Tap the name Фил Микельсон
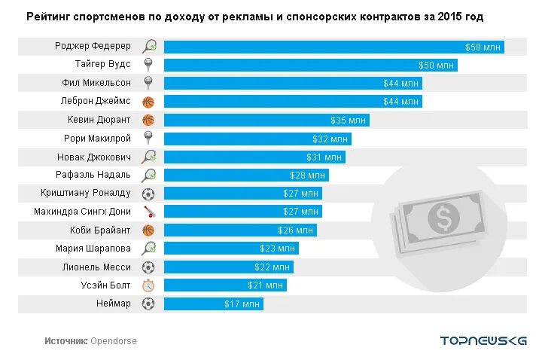[96, 83]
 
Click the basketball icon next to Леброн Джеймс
[148, 102]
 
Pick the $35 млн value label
[349, 120]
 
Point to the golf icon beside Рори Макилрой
[148, 139]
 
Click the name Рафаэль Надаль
[94, 175]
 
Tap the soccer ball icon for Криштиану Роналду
[148, 194]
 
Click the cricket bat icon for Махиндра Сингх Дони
[148, 212]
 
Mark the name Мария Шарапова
[93, 249]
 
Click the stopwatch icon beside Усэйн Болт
[148, 285]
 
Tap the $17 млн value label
[242, 304]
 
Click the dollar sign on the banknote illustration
[440, 218]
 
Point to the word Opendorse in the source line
[114, 341]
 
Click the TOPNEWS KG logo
[483, 340]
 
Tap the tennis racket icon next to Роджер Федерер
[148, 46]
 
